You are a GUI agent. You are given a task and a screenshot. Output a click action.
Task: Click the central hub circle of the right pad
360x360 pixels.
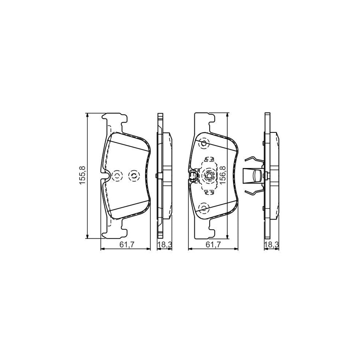[209, 175]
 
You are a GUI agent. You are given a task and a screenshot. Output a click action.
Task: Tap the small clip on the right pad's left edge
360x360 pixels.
[192, 175]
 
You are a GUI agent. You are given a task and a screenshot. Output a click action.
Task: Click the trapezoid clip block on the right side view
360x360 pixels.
[253, 175]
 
